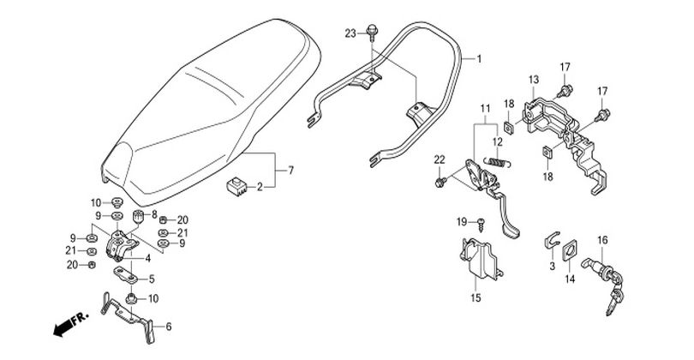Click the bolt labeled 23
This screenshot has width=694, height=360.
tap(372, 32)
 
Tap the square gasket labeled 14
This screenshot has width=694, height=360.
tap(570, 251)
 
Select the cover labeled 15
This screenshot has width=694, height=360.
tap(481, 260)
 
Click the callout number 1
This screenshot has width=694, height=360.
tap(478, 58)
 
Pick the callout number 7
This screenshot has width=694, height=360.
tap(290, 170)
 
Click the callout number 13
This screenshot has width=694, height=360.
tap(533, 80)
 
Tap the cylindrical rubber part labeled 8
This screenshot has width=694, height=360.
tap(140, 218)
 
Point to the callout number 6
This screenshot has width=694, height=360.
tap(168, 327)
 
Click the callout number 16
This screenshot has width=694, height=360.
tap(602, 240)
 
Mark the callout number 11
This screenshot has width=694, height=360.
tap(486, 108)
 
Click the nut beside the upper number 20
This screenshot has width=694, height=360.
tap(163, 219)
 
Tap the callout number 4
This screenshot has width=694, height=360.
tap(148, 258)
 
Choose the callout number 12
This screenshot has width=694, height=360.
tap(498, 142)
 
